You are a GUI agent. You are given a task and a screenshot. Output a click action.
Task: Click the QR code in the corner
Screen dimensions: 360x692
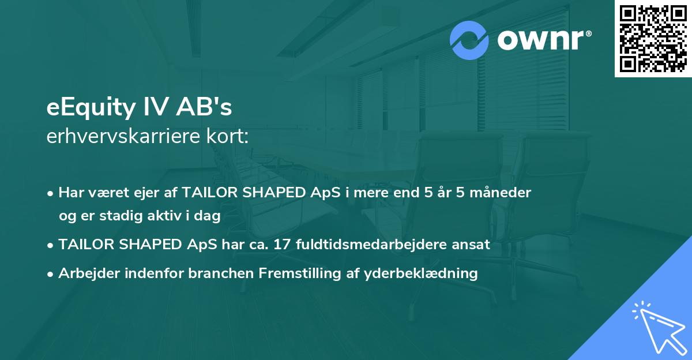(653, 39)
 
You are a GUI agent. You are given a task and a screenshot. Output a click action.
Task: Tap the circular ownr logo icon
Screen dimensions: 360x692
(469, 40)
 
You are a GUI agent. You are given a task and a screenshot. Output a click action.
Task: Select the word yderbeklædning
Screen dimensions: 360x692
(420, 273)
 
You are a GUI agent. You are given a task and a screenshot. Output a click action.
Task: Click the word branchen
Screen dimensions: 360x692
(220, 273)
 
